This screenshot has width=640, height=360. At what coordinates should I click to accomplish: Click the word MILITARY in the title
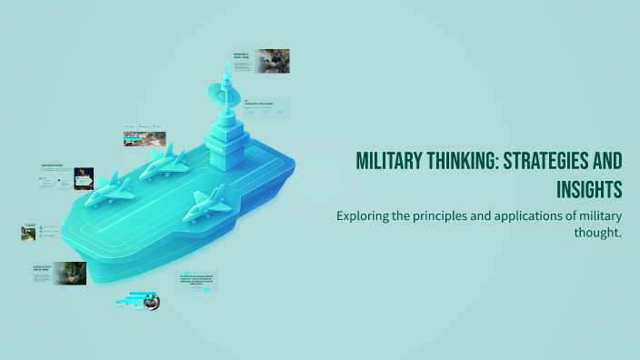(386, 162)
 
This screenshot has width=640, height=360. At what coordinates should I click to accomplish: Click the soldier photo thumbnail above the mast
(273, 60)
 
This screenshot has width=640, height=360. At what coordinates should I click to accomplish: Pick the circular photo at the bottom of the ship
(151, 302)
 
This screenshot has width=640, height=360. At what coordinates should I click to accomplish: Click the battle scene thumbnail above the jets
(145, 139)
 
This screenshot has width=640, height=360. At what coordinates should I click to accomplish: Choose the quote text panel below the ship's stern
(197, 281)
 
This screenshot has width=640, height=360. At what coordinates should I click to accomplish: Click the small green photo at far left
(28, 232)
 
